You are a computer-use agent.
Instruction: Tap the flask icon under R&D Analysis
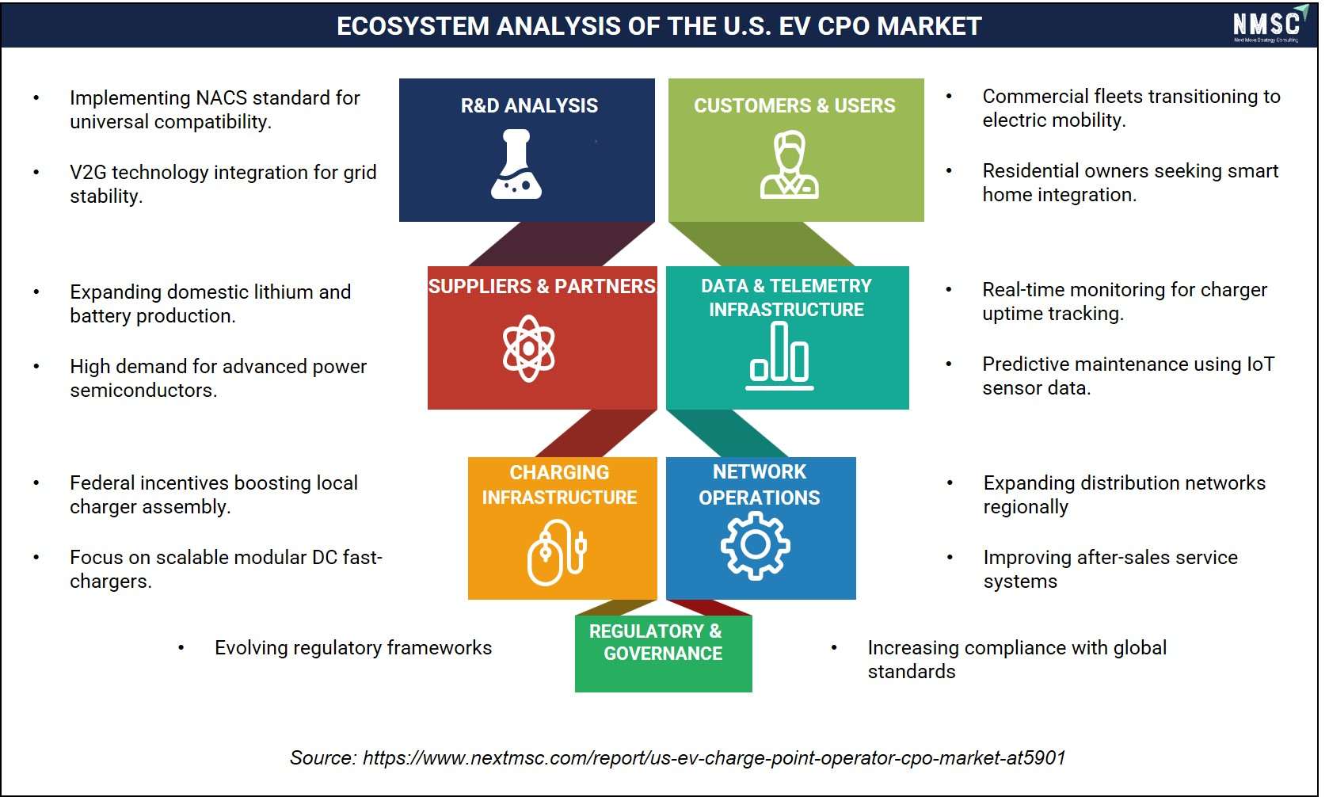point(516,164)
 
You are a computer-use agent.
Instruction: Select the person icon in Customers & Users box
point(790,164)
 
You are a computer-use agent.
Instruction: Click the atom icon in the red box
point(528,349)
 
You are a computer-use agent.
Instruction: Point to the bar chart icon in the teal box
point(779,356)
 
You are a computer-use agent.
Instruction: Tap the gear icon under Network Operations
point(756,545)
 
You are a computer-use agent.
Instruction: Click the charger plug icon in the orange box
point(557,552)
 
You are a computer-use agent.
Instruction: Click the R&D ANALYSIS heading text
point(529,105)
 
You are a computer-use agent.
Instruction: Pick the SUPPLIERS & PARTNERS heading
point(542,286)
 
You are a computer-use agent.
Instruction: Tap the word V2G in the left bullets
point(89,172)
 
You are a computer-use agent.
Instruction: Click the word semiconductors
point(143,390)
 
